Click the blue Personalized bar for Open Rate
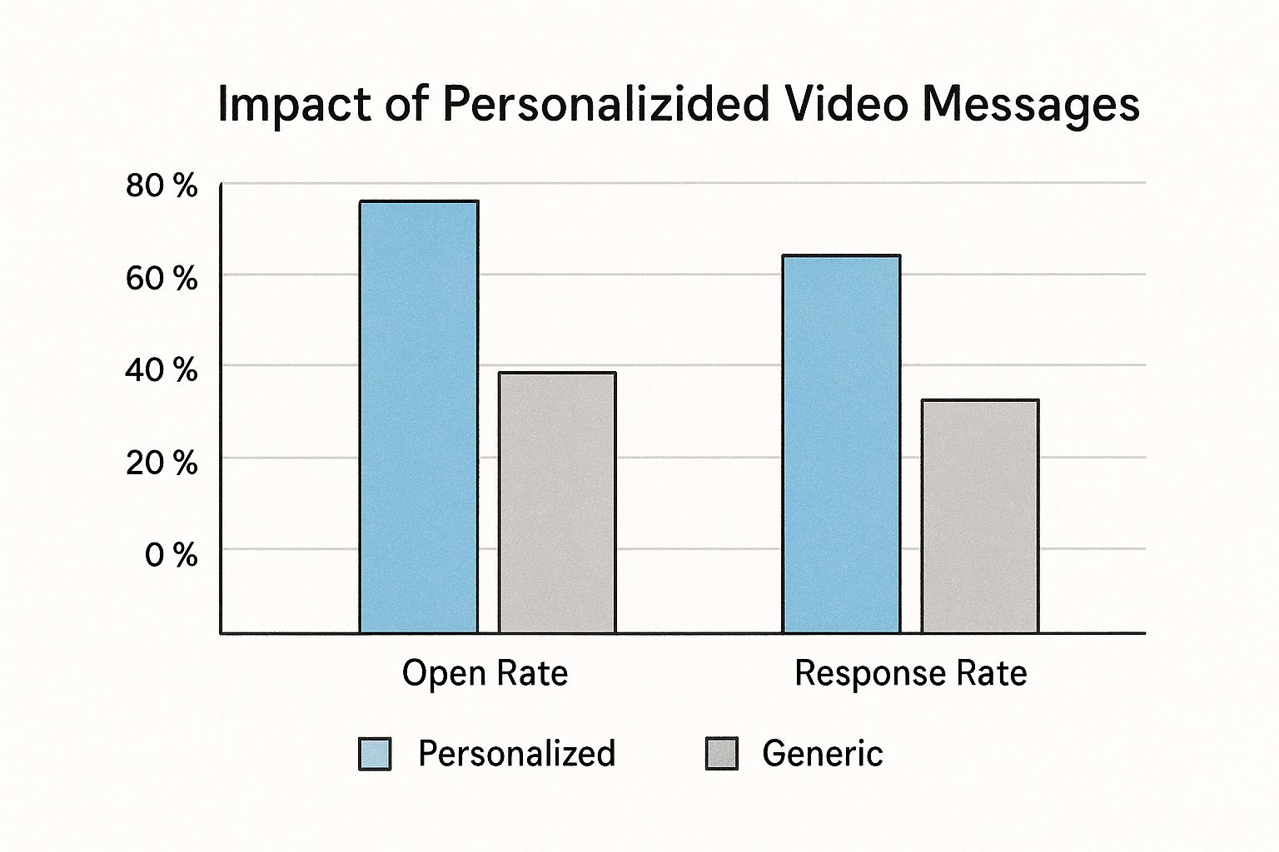coord(419,416)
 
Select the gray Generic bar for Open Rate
coord(557,503)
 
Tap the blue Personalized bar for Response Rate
coord(841,443)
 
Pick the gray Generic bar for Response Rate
coord(979,516)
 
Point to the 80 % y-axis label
coord(162,186)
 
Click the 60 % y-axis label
coord(162,278)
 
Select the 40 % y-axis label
coord(162,369)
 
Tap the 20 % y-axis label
coord(162,462)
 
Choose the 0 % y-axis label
coord(171,554)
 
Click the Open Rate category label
coord(485,672)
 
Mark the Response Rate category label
coord(910,672)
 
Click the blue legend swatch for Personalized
coord(374,753)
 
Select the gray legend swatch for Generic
coord(721,753)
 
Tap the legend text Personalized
coord(516,753)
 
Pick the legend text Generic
coord(822,753)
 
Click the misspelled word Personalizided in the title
coord(605,105)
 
